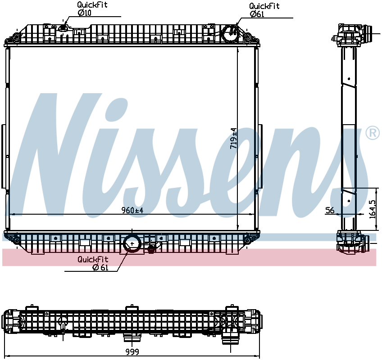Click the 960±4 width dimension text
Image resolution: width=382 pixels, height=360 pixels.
click(132, 210)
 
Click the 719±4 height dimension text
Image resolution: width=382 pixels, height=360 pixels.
click(233, 139)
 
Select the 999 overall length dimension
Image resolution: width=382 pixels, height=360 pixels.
click(132, 351)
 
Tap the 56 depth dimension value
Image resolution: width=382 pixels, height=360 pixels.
click(330, 210)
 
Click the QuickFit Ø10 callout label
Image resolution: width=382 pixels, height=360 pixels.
click(92, 9)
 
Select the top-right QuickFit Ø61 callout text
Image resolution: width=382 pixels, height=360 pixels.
click(264, 10)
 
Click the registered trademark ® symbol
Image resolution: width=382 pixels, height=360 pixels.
click(372, 133)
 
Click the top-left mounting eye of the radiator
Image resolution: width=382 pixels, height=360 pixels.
click(16, 36)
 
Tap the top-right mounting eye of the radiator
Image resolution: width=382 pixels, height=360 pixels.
click(247, 36)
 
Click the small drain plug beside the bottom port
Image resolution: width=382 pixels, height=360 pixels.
click(152, 249)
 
